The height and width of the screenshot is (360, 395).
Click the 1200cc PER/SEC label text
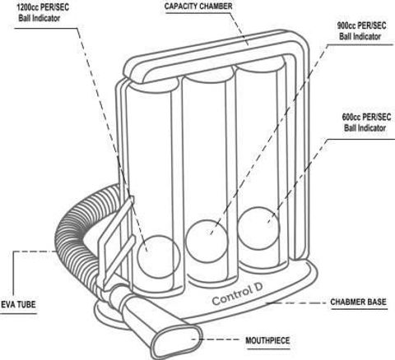click(43, 7)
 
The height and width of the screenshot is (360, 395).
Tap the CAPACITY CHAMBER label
click(198, 6)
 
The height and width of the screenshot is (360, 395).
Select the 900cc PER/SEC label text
click(361, 25)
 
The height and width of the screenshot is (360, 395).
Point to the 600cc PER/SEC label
click(366, 118)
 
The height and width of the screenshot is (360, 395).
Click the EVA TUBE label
click(18, 304)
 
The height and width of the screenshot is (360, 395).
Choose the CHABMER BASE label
click(358, 302)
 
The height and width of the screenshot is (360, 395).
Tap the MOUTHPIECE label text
click(267, 340)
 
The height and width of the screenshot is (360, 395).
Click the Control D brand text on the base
click(237, 293)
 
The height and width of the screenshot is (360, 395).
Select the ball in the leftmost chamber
click(159, 257)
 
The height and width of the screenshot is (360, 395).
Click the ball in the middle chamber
click(207, 241)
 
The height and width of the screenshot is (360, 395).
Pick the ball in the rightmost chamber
click(259, 228)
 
